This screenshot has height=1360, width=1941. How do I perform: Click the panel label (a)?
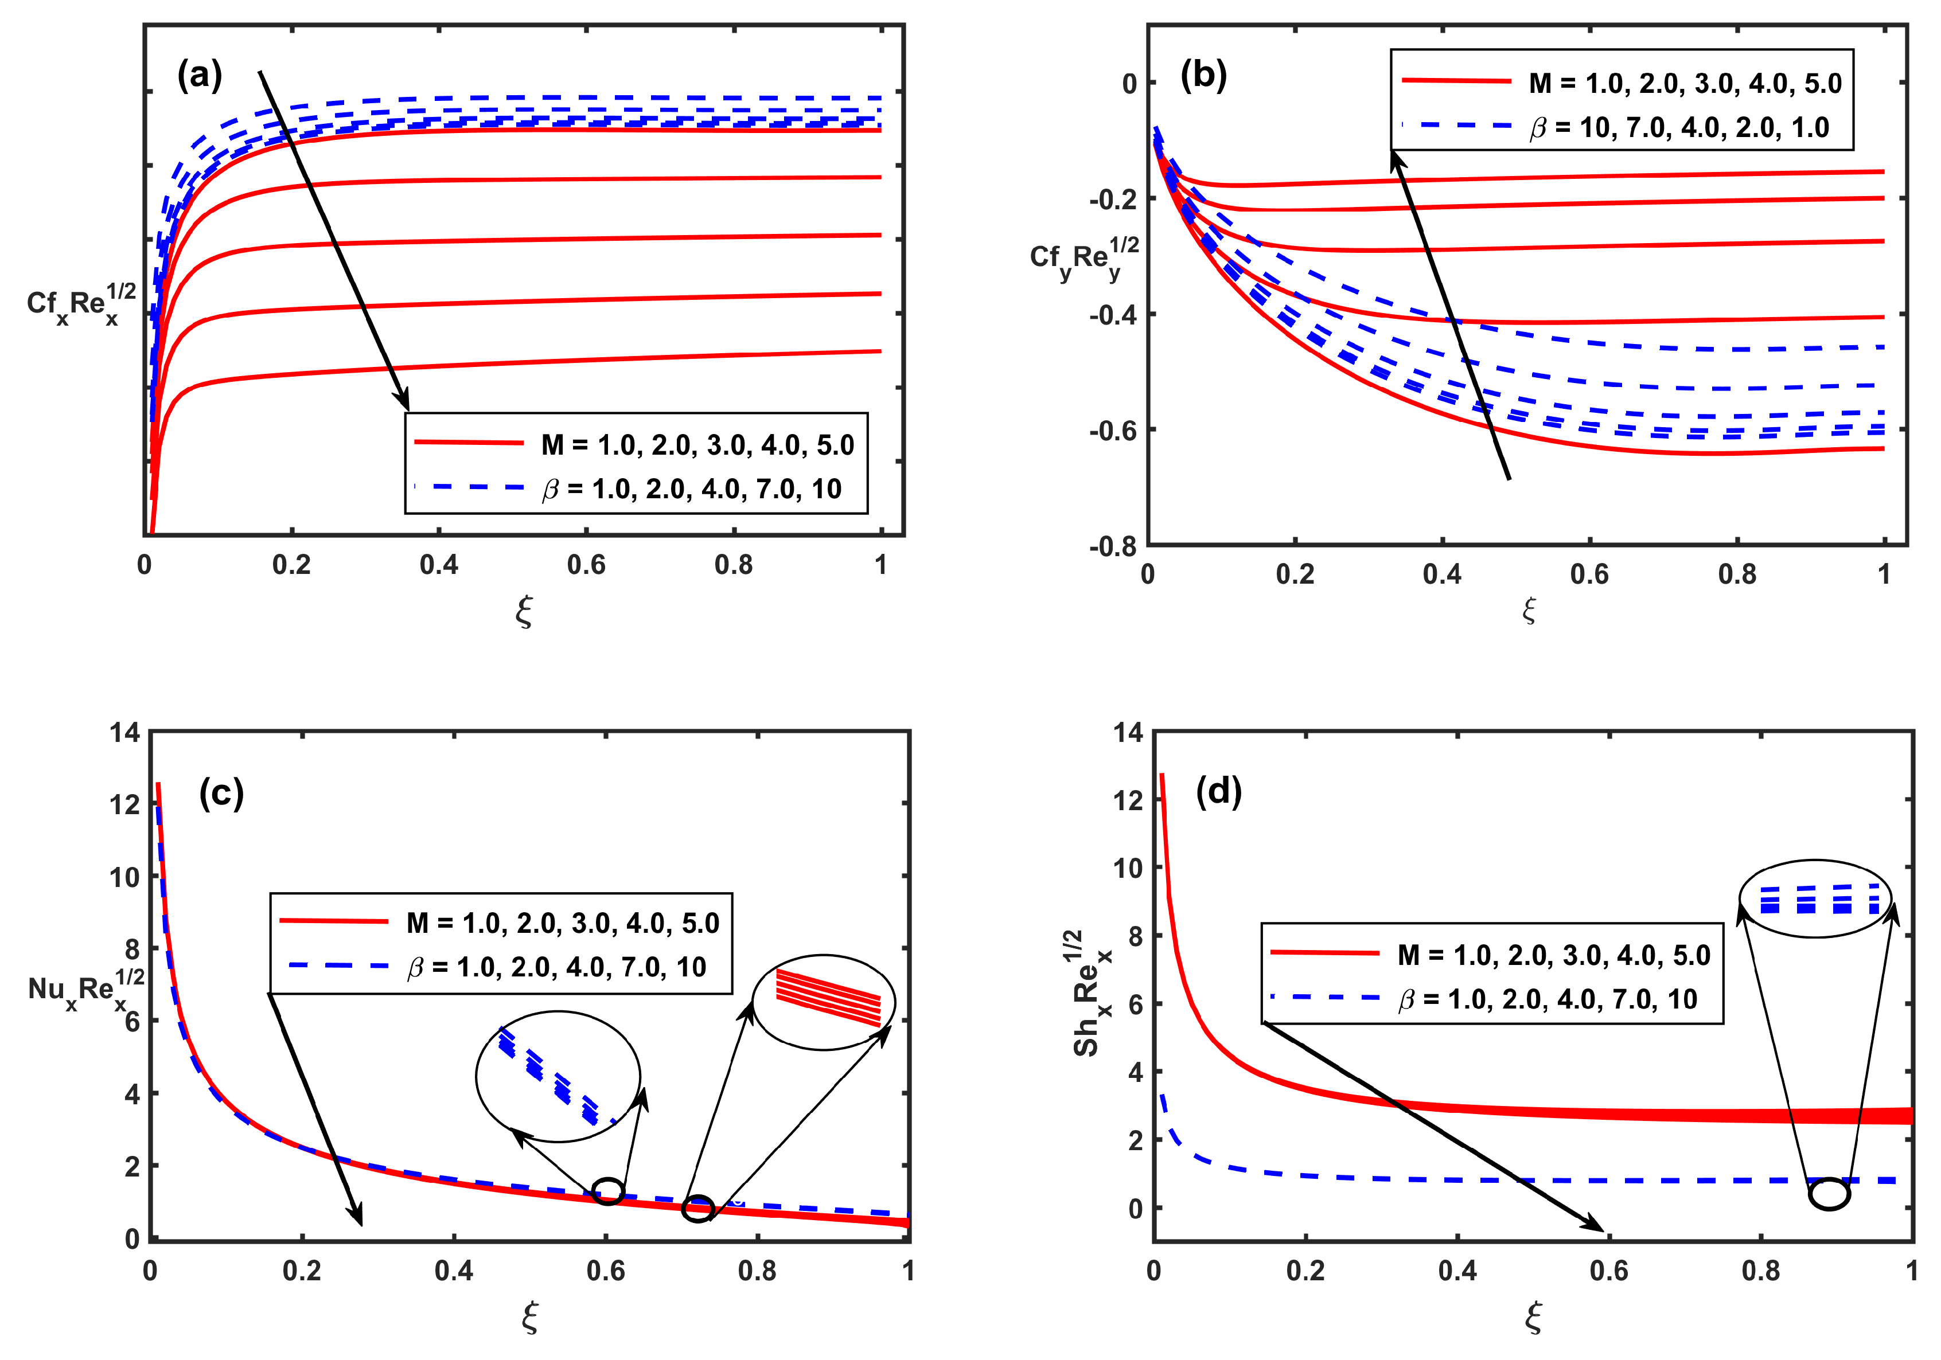200,76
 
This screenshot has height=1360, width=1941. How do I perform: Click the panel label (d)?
1218,791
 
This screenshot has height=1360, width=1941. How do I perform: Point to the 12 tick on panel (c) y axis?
124,804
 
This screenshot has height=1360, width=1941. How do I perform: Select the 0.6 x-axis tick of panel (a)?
586,565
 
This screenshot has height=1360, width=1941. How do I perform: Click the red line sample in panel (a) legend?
469,442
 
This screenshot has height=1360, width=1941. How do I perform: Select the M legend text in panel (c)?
562,922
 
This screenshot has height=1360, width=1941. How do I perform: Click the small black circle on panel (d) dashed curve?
1829,1194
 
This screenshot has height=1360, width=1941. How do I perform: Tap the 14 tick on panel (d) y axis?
1127,732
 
